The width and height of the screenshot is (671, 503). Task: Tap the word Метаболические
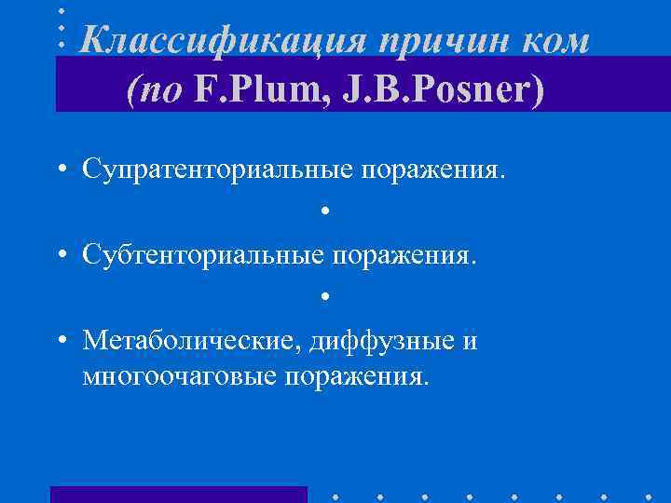(x=189, y=341)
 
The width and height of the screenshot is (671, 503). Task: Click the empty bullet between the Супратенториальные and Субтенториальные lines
(x=325, y=211)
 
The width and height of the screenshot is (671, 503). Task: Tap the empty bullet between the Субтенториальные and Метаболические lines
(x=325, y=297)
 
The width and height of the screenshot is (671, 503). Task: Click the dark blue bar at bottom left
(x=178, y=494)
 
